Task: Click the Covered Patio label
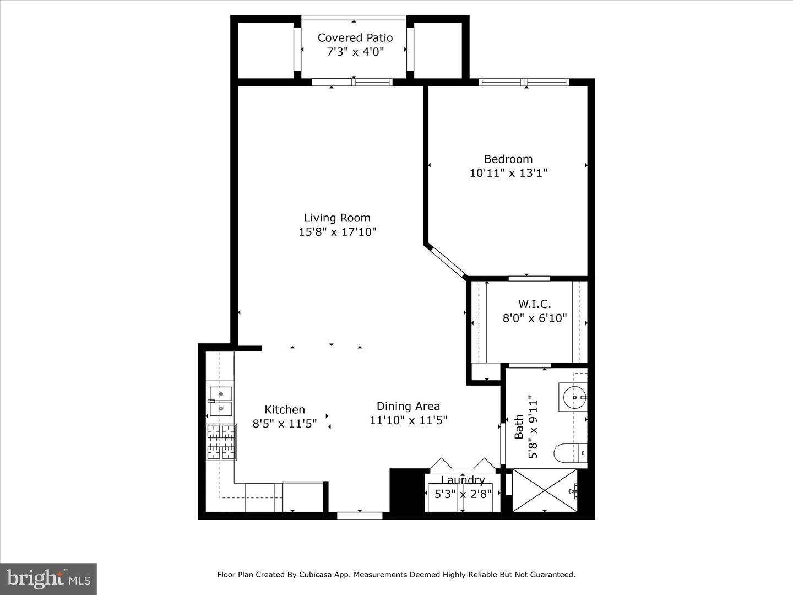355,37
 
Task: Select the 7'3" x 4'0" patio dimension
355,52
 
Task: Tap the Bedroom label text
508,159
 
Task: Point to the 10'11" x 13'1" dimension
508,173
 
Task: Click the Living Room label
337,218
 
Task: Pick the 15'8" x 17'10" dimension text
337,232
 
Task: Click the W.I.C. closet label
534,304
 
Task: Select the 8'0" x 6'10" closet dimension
534,318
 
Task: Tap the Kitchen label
284,409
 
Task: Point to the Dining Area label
408,406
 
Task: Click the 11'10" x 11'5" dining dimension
408,420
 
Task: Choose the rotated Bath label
519,427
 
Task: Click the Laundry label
463,480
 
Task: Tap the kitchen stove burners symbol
221,442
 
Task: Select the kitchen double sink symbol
220,401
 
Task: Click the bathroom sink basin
573,397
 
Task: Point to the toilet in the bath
569,453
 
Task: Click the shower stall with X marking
545,490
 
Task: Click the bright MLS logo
48,578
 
